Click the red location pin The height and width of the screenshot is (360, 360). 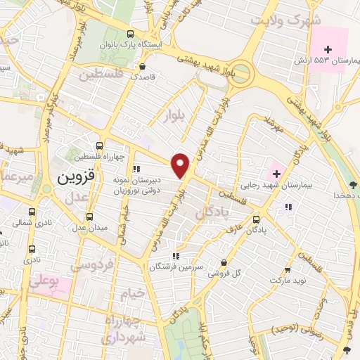coord(181,165)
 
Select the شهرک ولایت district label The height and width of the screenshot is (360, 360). coord(290,19)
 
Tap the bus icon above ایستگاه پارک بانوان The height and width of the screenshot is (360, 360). coord(130,33)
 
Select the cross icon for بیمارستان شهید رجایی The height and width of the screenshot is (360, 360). coord(276,171)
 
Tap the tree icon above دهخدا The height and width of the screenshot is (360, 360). coord(349,185)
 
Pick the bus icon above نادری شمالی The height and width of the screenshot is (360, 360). coord(32,211)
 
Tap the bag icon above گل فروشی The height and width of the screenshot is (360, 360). coord(224,263)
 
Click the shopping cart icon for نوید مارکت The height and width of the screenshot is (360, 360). coord(287,270)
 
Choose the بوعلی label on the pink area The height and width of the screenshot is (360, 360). coord(44,282)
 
